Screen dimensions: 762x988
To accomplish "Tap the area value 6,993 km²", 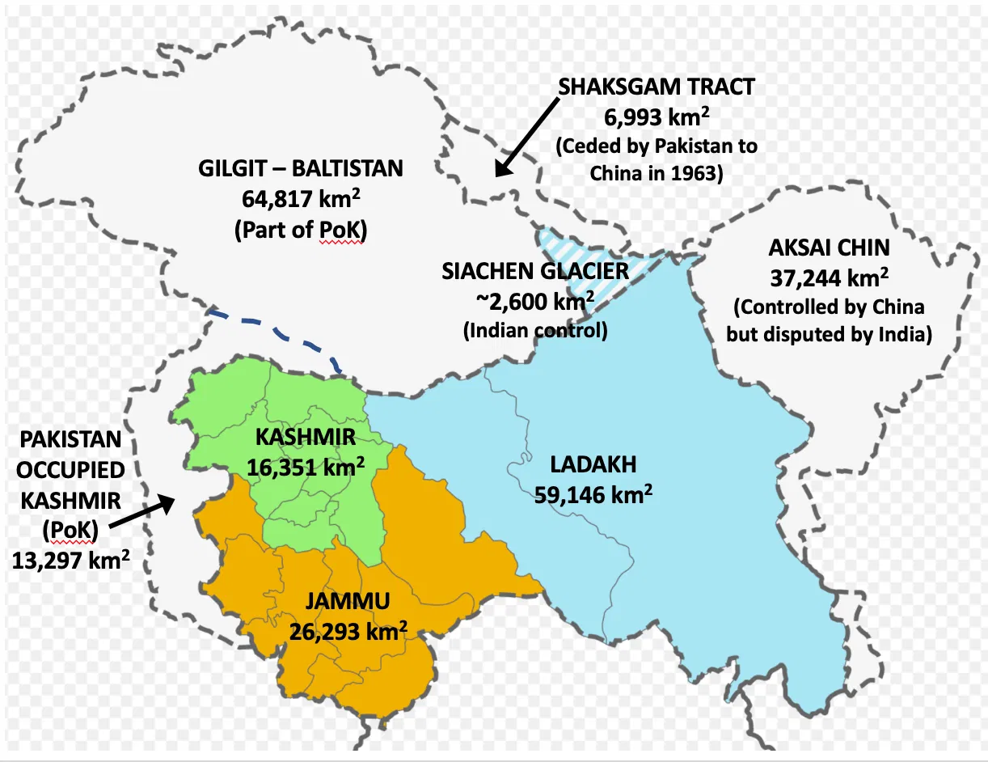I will point(656,117).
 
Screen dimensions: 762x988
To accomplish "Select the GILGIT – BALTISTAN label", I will point(300,170).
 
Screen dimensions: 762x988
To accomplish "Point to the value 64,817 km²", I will point(300,200).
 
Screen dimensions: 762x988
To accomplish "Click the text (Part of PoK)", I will point(300,230).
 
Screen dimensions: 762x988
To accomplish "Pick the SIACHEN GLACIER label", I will point(535,272).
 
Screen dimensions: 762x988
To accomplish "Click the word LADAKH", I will point(593,464).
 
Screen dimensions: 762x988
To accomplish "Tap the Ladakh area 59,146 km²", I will point(593,494).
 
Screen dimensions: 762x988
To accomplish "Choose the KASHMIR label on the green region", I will point(306,438).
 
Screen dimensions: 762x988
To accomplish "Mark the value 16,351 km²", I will point(306,468).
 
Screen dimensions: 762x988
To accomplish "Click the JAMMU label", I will point(348,601).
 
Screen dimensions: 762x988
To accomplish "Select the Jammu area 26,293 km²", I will point(348,631).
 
